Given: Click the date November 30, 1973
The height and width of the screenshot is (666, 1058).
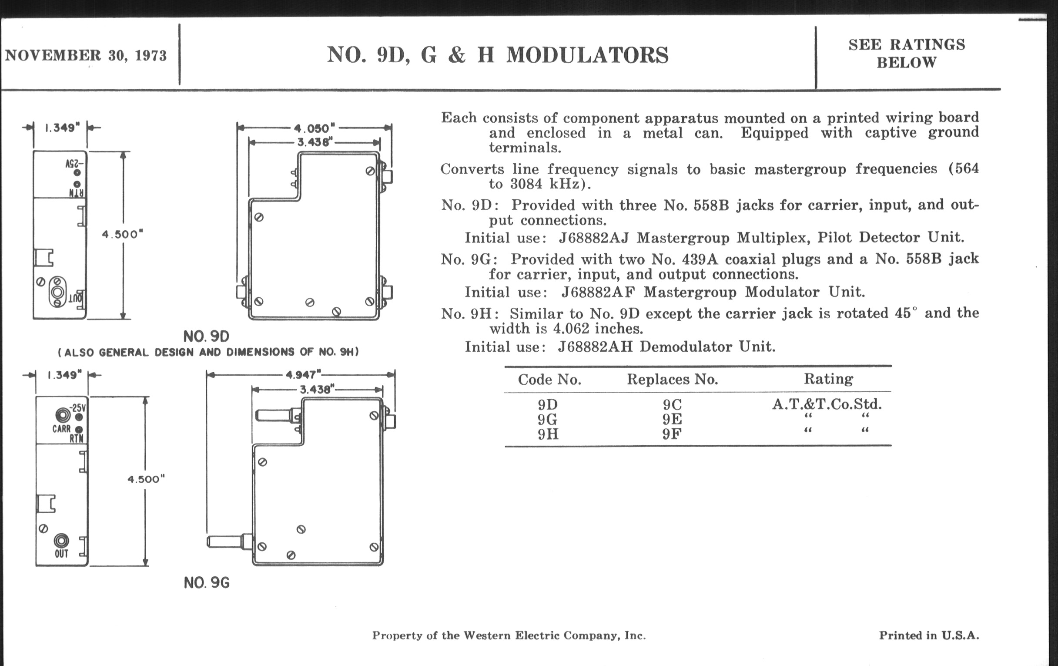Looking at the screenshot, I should click(86, 56).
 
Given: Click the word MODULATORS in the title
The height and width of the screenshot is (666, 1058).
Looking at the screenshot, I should click(587, 55).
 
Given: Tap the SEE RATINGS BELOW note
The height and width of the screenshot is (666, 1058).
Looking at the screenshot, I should click(907, 54).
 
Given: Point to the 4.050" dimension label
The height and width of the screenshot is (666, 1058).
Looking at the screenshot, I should click(314, 128).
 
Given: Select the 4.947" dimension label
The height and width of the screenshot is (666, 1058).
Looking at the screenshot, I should click(303, 375).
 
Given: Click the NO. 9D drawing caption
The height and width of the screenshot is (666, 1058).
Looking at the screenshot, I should click(206, 337).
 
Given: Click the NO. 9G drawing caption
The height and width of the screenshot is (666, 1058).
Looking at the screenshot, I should click(207, 583).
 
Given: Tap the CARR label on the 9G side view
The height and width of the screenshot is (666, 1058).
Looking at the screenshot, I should click(61, 429).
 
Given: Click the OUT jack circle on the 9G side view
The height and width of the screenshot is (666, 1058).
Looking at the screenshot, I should click(61, 540).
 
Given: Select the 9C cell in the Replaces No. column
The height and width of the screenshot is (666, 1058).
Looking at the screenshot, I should click(672, 404).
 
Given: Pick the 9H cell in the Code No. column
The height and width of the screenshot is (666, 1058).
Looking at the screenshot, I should click(548, 434).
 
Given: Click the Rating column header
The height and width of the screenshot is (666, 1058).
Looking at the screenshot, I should click(828, 379).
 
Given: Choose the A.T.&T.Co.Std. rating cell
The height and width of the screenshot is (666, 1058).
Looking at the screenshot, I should click(827, 404).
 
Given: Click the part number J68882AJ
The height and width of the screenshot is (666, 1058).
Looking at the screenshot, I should click(593, 238).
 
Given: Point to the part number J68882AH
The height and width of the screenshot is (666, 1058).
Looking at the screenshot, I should click(595, 347).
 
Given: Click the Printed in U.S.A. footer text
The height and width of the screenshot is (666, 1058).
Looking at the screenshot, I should click(929, 635).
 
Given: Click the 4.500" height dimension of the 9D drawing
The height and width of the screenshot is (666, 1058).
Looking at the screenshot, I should click(123, 234).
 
